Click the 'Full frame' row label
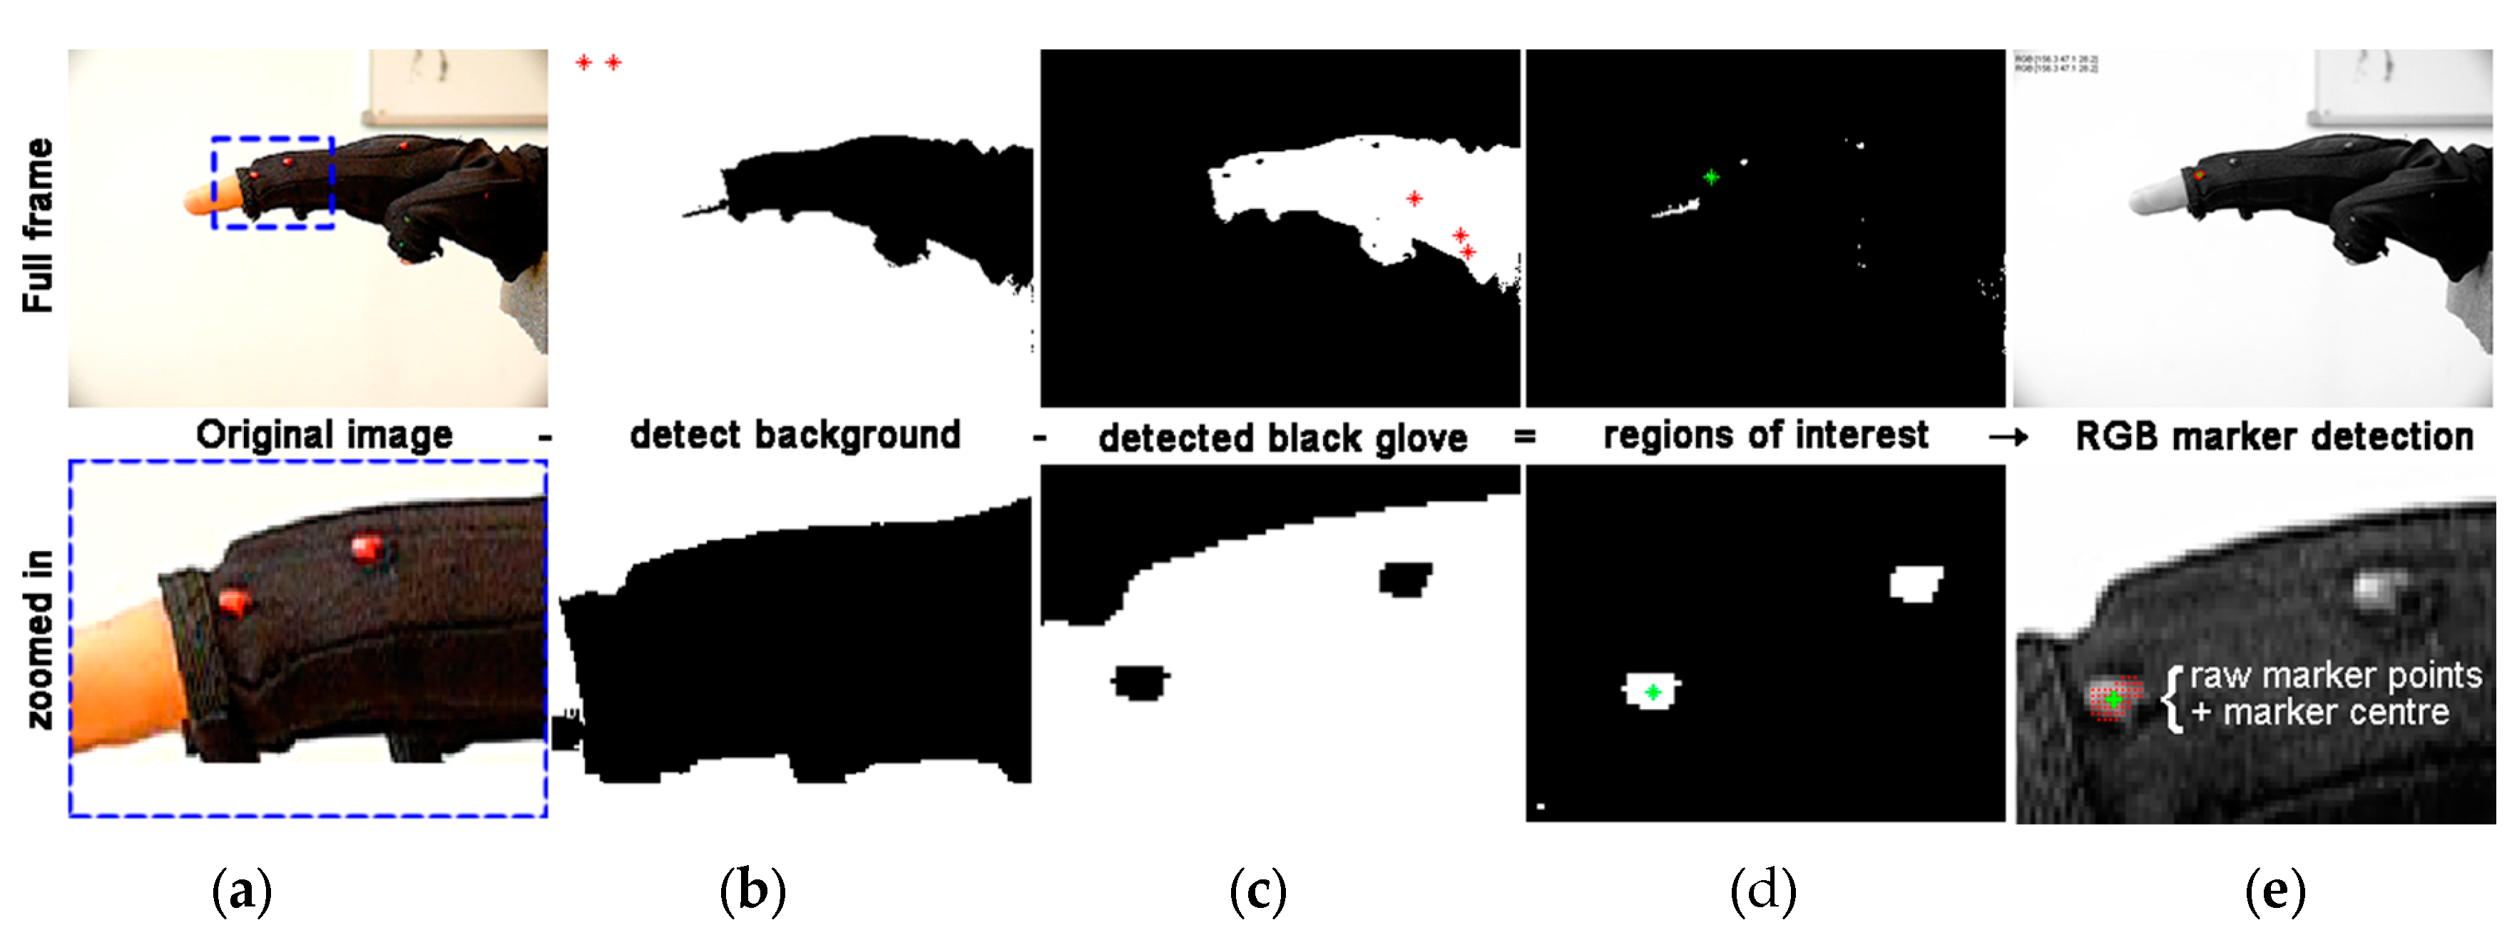click(37, 225)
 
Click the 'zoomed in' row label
click(39, 639)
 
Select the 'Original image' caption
click(324, 435)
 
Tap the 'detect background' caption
click(795, 435)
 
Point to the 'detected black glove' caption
click(1282, 438)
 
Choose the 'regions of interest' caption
click(1765, 435)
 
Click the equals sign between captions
click(1524, 437)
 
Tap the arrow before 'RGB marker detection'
click(2008, 438)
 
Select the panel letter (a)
click(241, 891)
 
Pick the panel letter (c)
click(1258, 891)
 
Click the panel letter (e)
click(2275, 891)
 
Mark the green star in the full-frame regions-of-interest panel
click(1710, 177)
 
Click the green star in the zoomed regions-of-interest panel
click(1653, 692)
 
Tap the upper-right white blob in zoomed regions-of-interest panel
click(1915, 584)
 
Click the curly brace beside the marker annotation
click(2173, 696)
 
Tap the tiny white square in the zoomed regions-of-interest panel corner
click(1541, 806)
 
